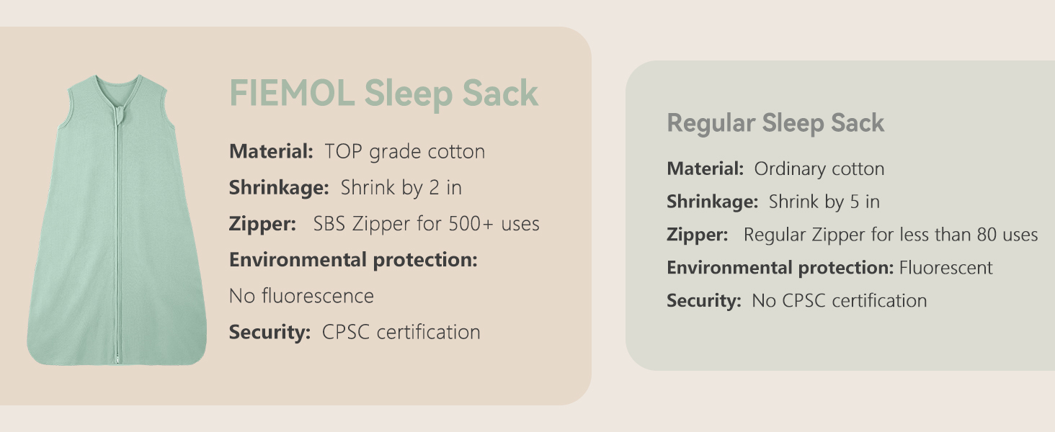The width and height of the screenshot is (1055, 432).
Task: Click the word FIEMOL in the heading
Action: [x=291, y=94]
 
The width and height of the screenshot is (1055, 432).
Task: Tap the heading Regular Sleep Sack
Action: [x=775, y=123]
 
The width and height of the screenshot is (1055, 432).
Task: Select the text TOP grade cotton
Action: [x=404, y=152]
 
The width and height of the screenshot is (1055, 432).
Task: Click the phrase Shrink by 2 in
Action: [x=401, y=188]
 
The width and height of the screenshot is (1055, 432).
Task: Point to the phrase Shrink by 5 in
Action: [x=824, y=202]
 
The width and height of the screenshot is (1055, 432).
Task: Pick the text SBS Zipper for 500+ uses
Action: [x=426, y=224]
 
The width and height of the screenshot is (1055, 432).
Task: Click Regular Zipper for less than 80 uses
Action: [x=890, y=235]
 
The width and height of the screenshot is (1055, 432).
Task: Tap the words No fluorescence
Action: [x=301, y=296]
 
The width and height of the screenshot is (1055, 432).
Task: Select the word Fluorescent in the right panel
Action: [x=945, y=268]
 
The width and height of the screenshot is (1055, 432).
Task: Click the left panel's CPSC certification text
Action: [x=401, y=332]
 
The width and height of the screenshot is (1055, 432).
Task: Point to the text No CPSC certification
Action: [x=839, y=301]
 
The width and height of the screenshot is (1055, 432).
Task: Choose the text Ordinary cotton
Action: [x=819, y=169]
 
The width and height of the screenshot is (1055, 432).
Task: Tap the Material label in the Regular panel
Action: [x=705, y=169]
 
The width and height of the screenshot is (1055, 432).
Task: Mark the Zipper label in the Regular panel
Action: [x=697, y=235]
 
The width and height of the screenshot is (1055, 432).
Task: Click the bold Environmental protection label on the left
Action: [x=353, y=260]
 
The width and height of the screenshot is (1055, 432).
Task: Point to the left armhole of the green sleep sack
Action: [x=63, y=108]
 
